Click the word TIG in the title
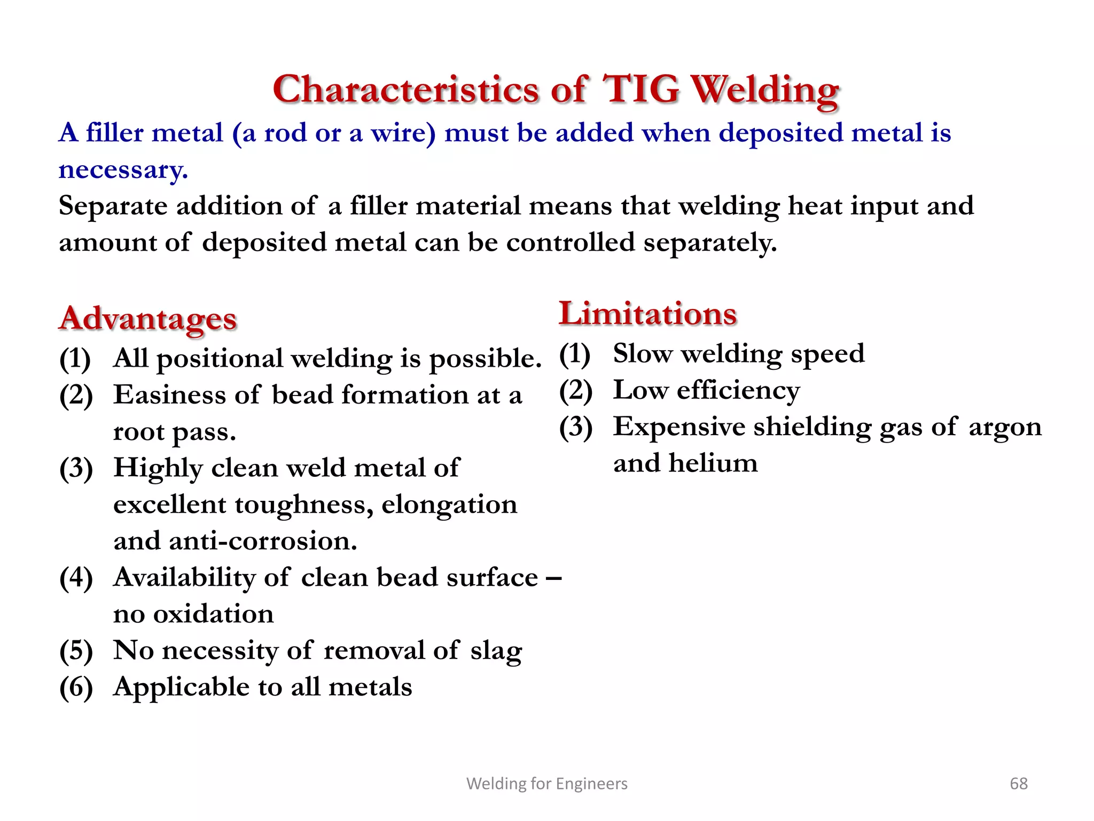[x=641, y=89]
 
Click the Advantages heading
[x=148, y=319]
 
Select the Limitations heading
[x=647, y=314]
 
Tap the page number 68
[x=1018, y=784]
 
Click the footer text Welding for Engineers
[x=547, y=784]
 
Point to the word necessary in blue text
[x=122, y=171]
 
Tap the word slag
[x=496, y=651]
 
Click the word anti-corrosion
[x=263, y=541]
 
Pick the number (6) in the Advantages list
[x=76, y=687]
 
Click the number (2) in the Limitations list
[x=576, y=391]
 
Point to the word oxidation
[x=214, y=614]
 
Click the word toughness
[x=304, y=505]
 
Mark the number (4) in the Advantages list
[x=76, y=578]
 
